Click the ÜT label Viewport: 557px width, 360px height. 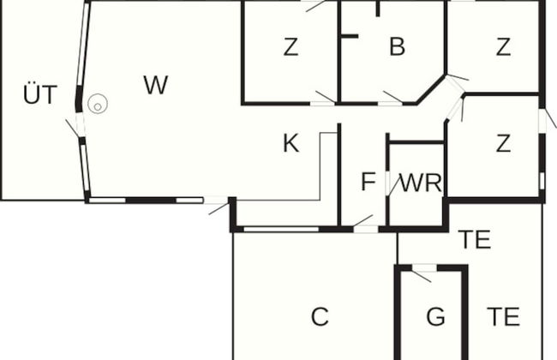pos(39,95)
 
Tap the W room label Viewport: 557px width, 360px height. pos(155,85)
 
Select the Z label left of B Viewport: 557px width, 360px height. pos(290,48)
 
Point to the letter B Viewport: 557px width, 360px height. pos(396,47)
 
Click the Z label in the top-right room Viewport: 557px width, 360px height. pos(503,48)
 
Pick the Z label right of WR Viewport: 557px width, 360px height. pos(503,143)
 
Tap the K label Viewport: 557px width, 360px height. pos(290,143)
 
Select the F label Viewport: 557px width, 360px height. pos(368,182)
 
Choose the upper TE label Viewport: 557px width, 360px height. pos(474,239)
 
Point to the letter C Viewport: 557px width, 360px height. pos(320,317)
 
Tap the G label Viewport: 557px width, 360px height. pos(435,317)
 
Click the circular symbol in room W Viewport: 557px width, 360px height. pos(98,105)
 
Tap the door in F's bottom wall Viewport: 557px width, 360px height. pos(365,225)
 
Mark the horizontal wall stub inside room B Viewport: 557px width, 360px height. pos(349,36)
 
